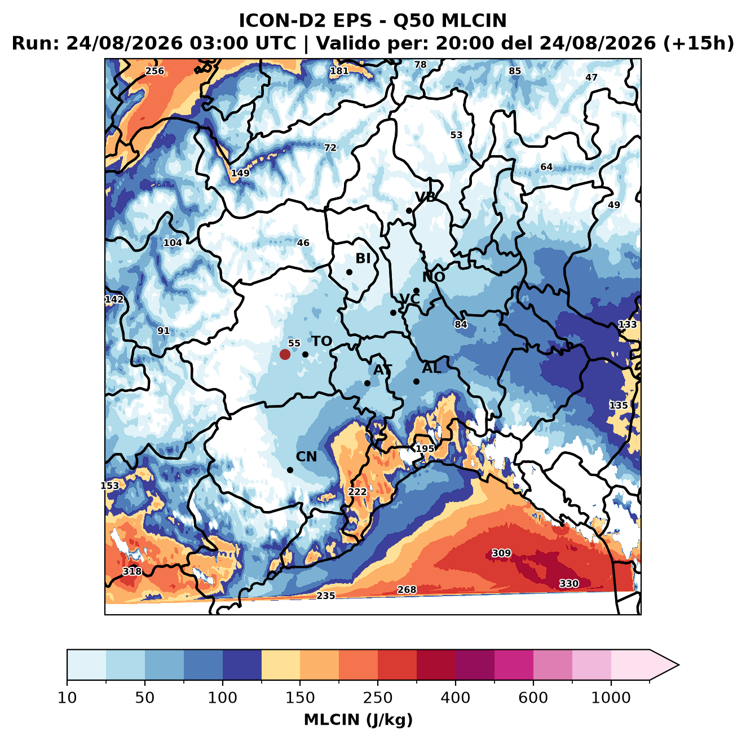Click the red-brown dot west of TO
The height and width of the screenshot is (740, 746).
tap(285, 354)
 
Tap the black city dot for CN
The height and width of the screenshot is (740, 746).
tap(290, 470)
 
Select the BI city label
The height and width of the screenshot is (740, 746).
tap(363, 258)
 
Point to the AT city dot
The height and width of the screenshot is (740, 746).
tap(367, 383)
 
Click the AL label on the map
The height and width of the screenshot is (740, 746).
tap(431, 368)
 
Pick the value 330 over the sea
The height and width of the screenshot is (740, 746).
tap(569, 583)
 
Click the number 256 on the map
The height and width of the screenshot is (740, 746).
tap(155, 71)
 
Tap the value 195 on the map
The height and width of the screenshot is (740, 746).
tap(425, 448)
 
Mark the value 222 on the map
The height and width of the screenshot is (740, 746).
tap(357, 491)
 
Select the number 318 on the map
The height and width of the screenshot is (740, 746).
tap(132, 571)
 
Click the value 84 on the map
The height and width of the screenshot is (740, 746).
tap(461, 324)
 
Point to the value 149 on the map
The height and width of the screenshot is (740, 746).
tap(240, 173)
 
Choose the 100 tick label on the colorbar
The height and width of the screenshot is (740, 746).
tap(222, 698)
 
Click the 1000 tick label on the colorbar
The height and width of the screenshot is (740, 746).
tap(611, 698)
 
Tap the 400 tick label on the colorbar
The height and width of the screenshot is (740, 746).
tap(455, 698)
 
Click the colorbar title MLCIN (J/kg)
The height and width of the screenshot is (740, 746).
tap(358, 720)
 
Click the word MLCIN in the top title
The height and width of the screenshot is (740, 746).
tap(474, 20)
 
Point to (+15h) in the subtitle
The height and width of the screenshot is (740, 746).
tap(698, 43)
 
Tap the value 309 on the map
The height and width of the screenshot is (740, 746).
tap(501, 553)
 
